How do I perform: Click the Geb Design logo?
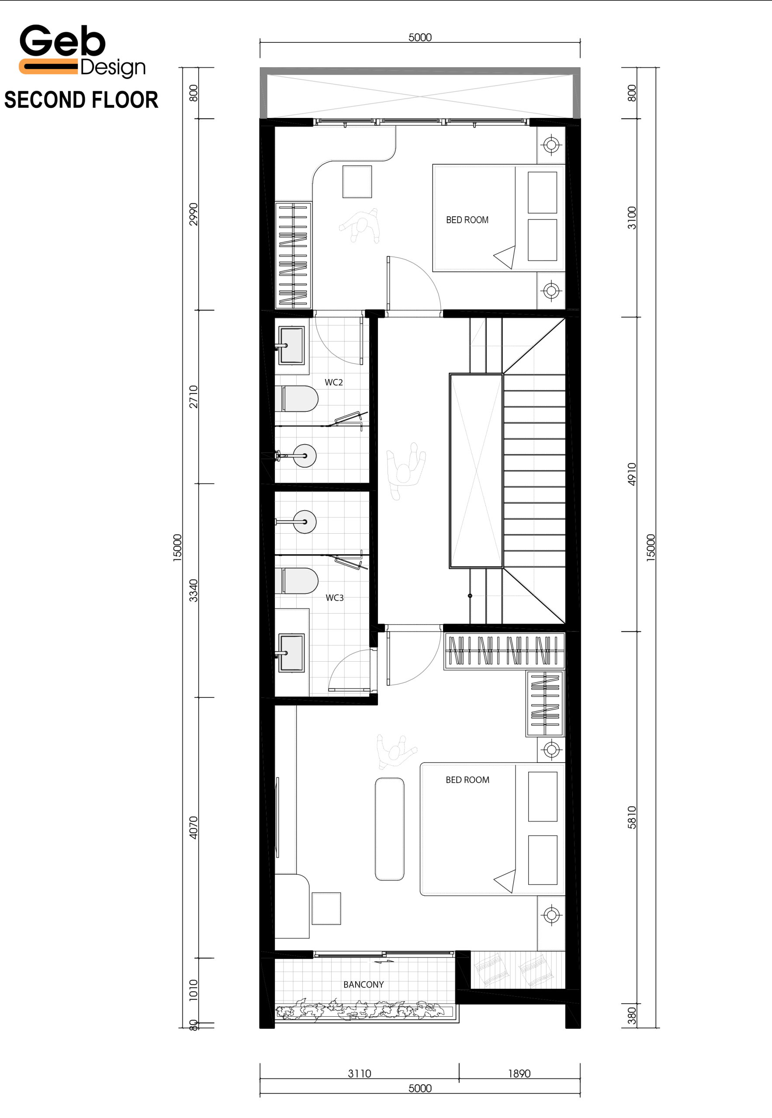82,50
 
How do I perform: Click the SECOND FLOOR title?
81,100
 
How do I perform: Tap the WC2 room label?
334,383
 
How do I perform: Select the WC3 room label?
335,598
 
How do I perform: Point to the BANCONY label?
364,984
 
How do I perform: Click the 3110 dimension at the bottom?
360,1073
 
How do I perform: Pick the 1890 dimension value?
519,1073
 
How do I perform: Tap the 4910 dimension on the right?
632,474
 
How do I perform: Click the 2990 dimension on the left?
194,214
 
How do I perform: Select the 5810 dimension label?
632,818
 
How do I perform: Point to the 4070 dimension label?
194,828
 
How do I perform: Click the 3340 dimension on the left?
194,590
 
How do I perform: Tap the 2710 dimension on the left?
194,397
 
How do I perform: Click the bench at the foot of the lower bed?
389,829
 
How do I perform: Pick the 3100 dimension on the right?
632,217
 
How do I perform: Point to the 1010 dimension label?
194,990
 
